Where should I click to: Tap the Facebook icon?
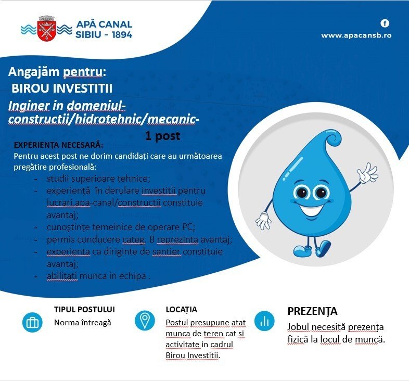point(385,23)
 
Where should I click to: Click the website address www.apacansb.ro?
point(356,35)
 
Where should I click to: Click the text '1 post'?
point(163,136)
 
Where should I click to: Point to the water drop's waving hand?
point(367,173)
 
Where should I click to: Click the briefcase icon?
point(32,322)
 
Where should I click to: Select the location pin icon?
point(145,320)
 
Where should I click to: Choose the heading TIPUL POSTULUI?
point(84,309)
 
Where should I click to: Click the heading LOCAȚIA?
point(181,309)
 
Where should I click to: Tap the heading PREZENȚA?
point(312,311)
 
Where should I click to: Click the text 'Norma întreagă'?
point(83,322)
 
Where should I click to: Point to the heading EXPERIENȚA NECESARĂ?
point(58,145)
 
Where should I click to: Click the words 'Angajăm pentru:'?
point(57,72)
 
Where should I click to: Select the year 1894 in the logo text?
point(120,35)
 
